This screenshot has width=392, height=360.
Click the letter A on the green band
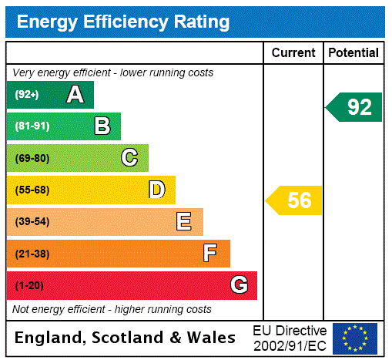tap(75, 95)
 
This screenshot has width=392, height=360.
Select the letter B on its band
tap(102, 126)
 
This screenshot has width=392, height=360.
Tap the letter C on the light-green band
tap(129, 158)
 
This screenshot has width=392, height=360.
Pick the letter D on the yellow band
tap(156, 190)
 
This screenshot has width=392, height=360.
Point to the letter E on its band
tap(183, 222)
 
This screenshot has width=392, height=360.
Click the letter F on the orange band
tap(210, 254)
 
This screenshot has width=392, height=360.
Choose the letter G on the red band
tap(239, 285)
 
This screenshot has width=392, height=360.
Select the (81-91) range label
tap(32, 126)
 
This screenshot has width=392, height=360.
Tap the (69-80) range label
tap(32, 158)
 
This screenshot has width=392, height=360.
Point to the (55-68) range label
tap(32, 190)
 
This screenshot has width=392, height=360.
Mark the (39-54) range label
tap(32, 222)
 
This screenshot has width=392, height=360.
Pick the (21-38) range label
tap(32, 254)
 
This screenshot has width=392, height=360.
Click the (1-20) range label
tap(29, 286)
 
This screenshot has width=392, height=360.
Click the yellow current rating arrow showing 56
tap(295, 200)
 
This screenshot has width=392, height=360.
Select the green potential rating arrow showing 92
tap(355, 106)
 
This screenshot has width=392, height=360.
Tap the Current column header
tap(293, 53)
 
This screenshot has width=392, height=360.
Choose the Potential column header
tap(353, 53)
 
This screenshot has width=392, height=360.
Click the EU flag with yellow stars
tap(355, 338)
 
